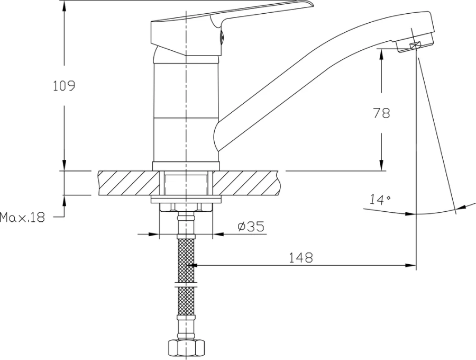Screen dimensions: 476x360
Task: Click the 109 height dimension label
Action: tap(64, 86)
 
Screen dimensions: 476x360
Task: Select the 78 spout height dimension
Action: tap(381, 113)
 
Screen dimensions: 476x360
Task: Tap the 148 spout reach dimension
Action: tap(300, 258)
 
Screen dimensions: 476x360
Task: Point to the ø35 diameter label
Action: tap(251, 227)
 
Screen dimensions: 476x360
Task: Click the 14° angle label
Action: tap(380, 199)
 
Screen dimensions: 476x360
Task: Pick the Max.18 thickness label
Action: tap(22, 217)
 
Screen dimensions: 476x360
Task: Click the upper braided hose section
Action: tap(186, 260)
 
